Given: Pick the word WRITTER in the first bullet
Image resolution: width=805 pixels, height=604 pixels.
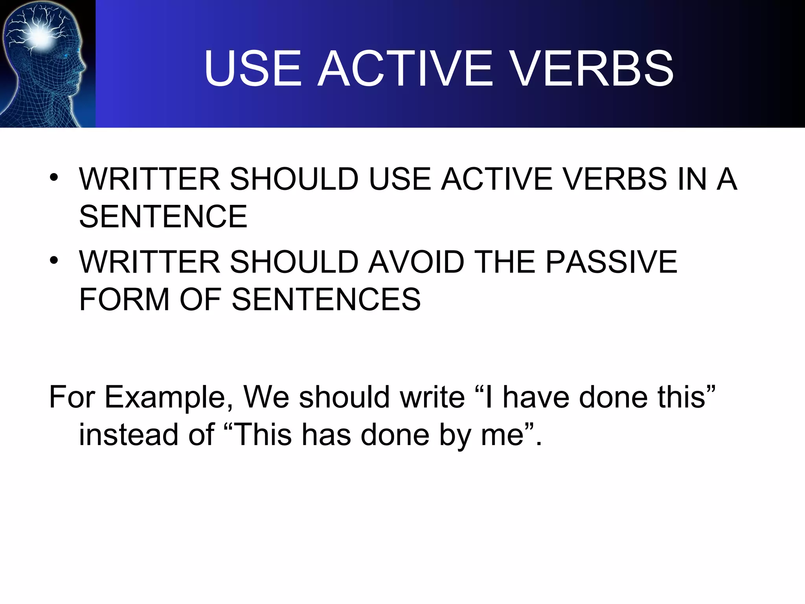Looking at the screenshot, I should (x=149, y=179).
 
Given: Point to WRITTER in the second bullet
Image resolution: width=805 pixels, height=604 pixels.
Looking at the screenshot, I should (x=149, y=262).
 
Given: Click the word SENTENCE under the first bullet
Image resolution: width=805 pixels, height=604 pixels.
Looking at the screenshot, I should (x=163, y=216).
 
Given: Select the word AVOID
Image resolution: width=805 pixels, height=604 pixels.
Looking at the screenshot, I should (x=417, y=262).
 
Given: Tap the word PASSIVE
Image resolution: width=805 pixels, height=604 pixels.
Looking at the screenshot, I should (x=612, y=262).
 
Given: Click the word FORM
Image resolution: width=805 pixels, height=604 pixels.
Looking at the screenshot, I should (x=124, y=299).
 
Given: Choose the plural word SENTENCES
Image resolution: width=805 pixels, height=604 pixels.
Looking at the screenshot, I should (x=326, y=299).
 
